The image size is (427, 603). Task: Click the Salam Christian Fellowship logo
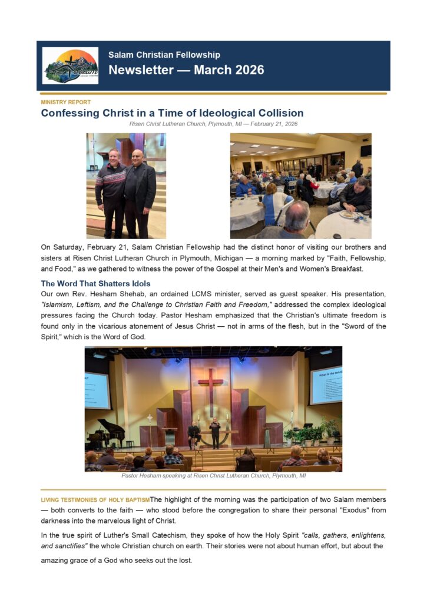point(70,65)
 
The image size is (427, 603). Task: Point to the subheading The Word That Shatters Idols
point(95,283)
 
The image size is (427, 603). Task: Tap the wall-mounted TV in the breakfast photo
point(366,150)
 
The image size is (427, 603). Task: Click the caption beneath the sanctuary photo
point(213,475)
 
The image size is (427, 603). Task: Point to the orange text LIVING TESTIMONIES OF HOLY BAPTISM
point(95,500)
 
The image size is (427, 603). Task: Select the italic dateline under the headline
point(213,124)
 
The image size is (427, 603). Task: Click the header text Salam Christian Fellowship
point(164,55)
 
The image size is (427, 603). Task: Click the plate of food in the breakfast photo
point(346,216)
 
